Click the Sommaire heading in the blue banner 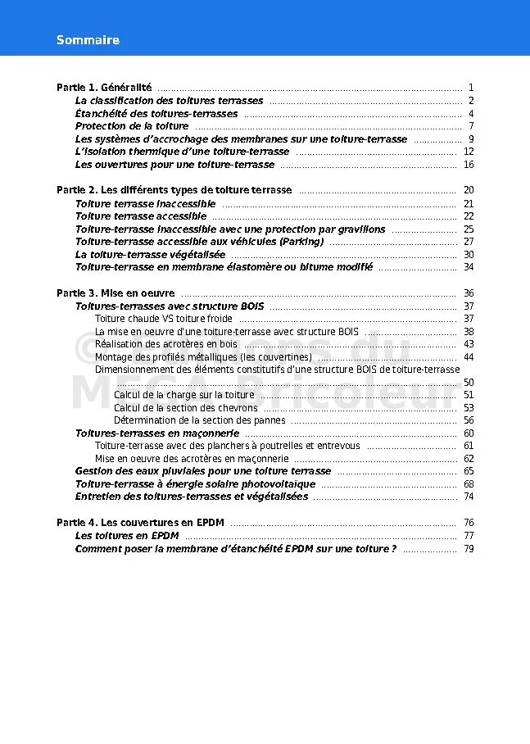coord(88,40)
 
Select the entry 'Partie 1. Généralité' coord(104,88)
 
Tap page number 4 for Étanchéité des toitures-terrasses coord(471,114)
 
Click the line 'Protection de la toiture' coord(132,126)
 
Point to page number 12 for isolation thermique coord(469,152)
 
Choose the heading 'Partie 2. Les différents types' coord(174,190)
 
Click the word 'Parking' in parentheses coord(301,242)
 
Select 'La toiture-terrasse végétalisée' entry coord(150,255)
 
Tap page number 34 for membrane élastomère coord(469,267)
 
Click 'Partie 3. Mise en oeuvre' coord(116,293)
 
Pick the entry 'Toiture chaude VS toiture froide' coord(164,319)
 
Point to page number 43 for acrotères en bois coord(469,344)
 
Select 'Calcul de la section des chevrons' coord(186,407)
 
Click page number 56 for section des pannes coord(469,420)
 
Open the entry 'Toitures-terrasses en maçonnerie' coord(157,433)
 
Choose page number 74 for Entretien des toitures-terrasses coord(469,497)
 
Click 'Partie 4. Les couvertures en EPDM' coord(140,523)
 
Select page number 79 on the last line coord(469,549)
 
